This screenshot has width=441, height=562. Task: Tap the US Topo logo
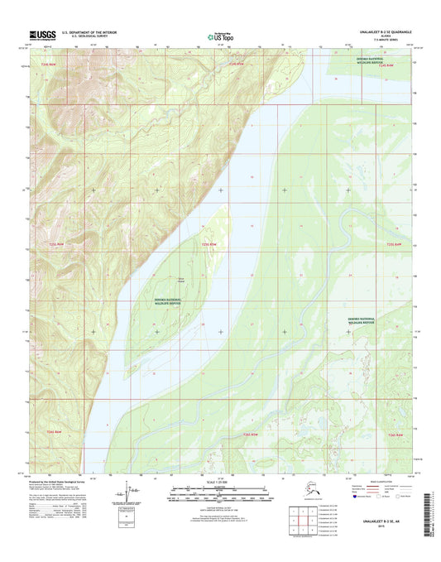(x=218, y=36)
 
